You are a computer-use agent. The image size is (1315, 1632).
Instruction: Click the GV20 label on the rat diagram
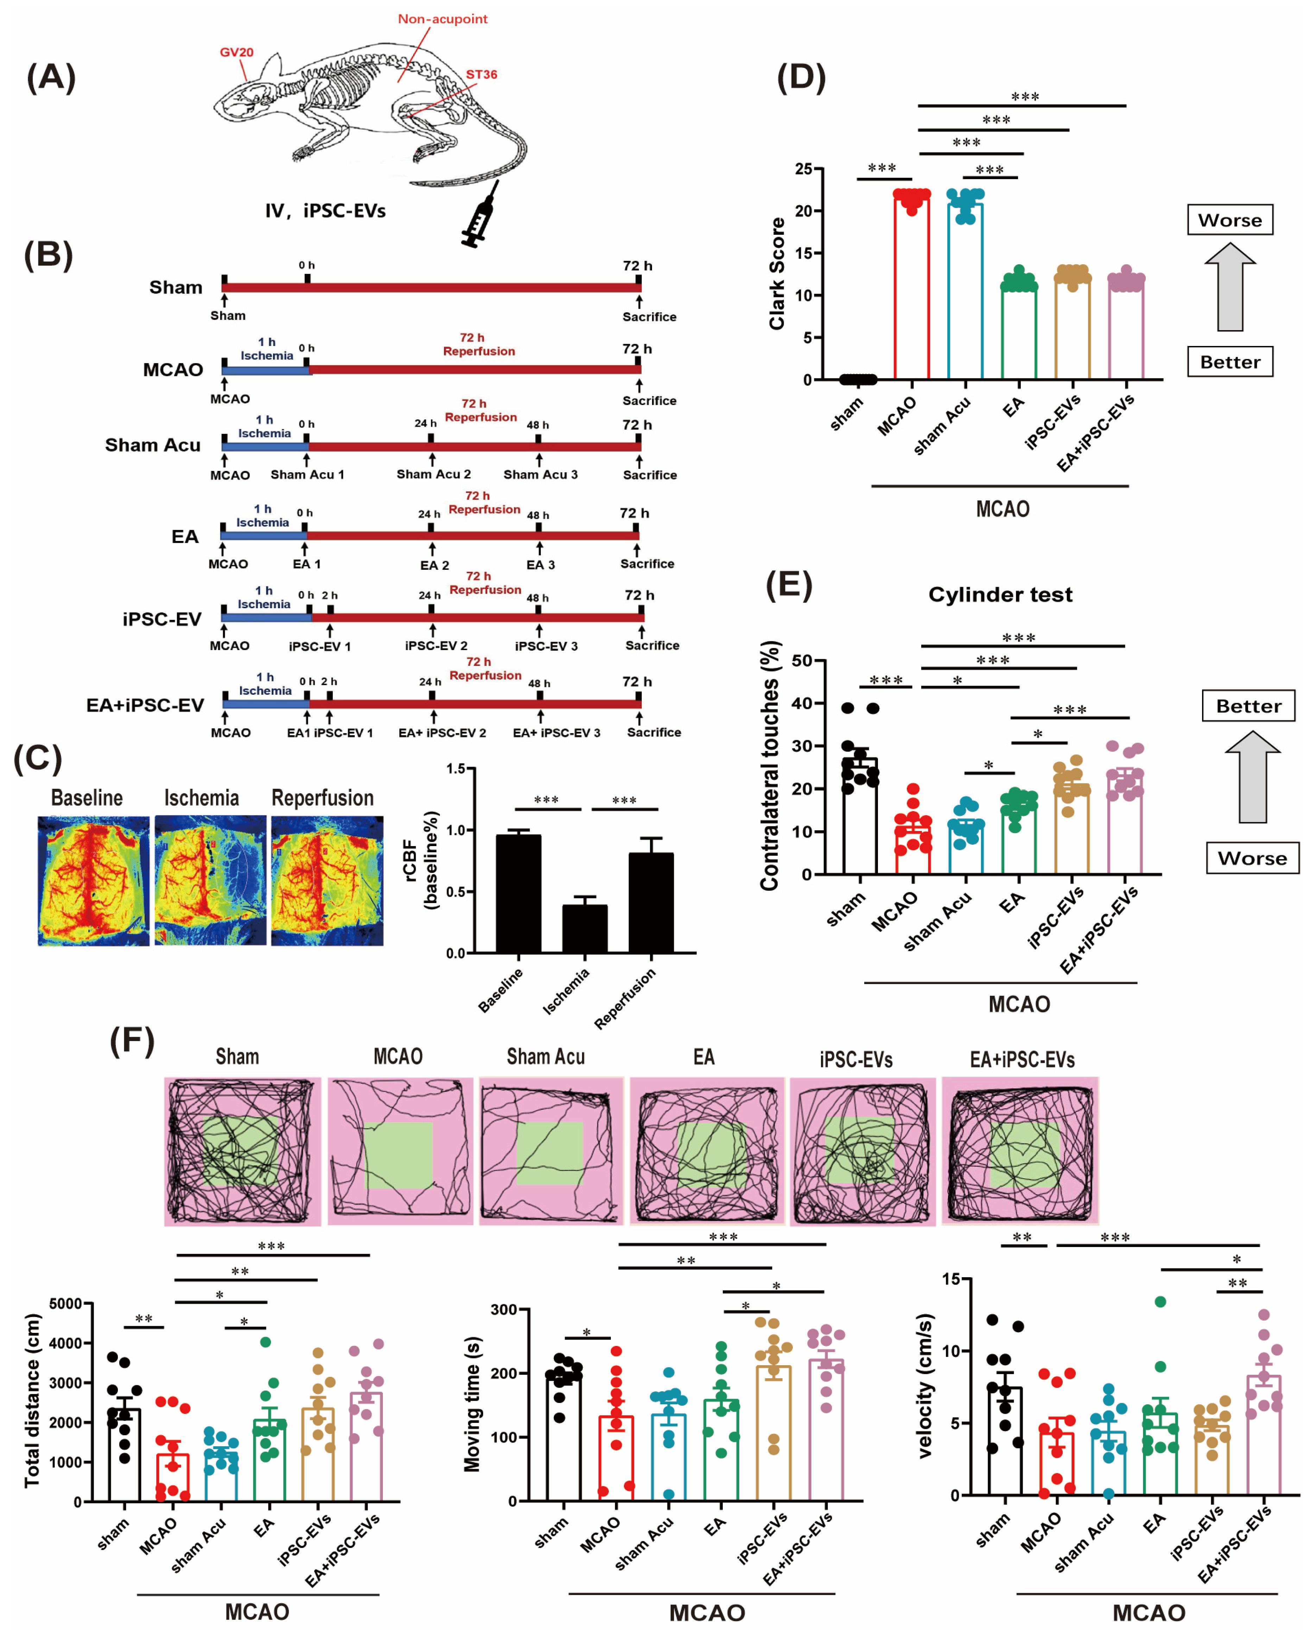coord(236,52)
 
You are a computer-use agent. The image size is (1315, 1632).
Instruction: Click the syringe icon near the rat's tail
coord(480,216)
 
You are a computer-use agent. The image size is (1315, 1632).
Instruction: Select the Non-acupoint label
coord(442,19)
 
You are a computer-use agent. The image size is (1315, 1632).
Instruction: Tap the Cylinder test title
coord(1000,595)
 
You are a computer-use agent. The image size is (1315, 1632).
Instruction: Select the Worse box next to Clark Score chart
coord(1229,220)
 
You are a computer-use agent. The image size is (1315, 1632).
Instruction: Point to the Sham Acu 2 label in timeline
coord(433,474)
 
